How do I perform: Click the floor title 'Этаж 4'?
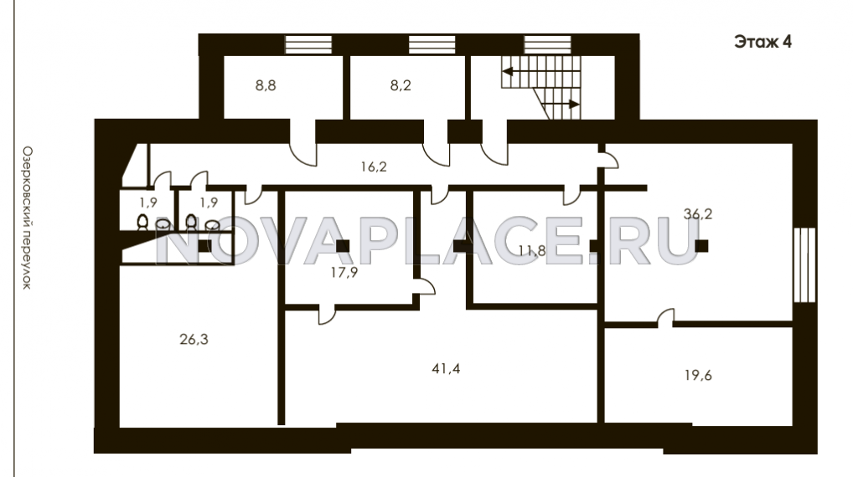click(x=763, y=42)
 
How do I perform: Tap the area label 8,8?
click(x=266, y=85)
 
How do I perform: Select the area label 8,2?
click(x=401, y=85)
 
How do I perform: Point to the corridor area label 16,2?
click(x=374, y=167)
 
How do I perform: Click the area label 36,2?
click(x=698, y=214)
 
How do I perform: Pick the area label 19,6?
click(x=698, y=376)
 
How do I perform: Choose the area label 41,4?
click(x=446, y=369)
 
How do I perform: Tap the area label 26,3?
click(x=194, y=340)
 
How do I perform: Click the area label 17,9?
click(x=344, y=272)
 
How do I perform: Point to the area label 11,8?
click(x=531, y=251)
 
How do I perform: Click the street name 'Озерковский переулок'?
click(x=27, y=218)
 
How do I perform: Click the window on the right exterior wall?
click(x=804, y=264)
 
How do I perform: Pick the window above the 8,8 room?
click(x=308, y=44)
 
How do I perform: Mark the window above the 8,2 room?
click(x=432, y=44)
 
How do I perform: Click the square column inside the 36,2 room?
click(x=701, y=246)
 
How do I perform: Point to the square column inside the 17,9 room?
click(x=343, y=246)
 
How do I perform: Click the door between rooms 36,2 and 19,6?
click(x=666, y=318)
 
